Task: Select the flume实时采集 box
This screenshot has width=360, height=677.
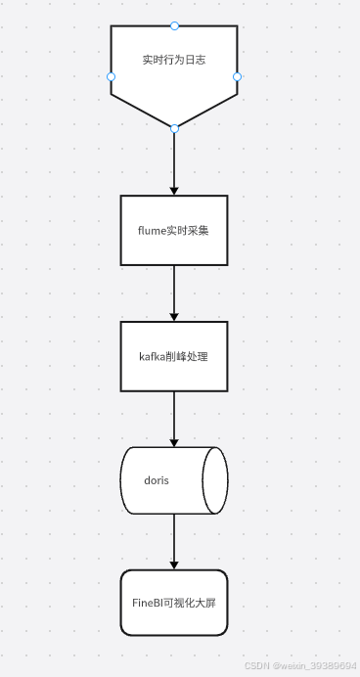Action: pyautogui.click(x=174, y=230)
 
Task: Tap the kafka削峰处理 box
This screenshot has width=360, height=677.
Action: pyautogui.click(x=174, y=356)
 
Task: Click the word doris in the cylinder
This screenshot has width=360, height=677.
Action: pyautogui.click(x=157, y=481)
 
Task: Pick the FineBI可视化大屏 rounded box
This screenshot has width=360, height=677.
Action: pyautogui.click(x=174, y=604)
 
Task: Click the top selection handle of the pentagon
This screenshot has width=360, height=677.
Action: pyautogui.click(x=174, y=25)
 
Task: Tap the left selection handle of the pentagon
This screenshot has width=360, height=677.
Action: pyautogui.click(x=111, y=76)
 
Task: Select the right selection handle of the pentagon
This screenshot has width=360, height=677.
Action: pyautogui.click(x=238, y=76)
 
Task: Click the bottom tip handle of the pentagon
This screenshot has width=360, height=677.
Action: pyautogui.click(x=174, y=128)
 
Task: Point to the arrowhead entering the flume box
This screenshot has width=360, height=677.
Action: pyautogui.click(x=174, y=190)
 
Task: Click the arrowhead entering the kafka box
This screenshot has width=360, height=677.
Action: pyautogui.click(x=174, y=316)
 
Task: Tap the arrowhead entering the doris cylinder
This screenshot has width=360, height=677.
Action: pyautogui.click(x=174, y=442)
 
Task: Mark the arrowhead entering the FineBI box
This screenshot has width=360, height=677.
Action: pyautogui.click(x=174, y=564)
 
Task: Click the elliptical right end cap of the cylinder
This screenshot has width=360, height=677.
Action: pyautogui.click(x=215, y=480)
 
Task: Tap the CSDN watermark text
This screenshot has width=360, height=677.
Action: pyautogui.click(x=300, y=665)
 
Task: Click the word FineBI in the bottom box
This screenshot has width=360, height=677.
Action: pyautogui.click(x=148, y=604)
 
